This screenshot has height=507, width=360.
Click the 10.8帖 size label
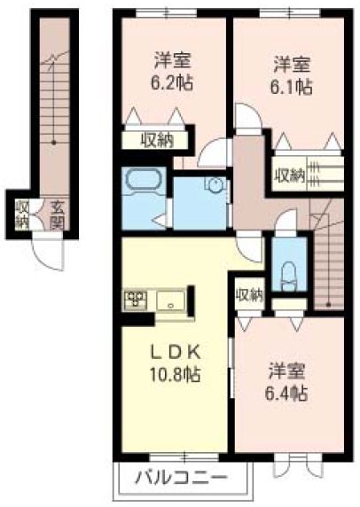pyautogui.click(x=174, y=373)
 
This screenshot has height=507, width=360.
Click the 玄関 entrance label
pyautogui.click(x=56, y=214)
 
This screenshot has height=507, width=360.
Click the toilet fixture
pyautogui.click(x=286, y=270)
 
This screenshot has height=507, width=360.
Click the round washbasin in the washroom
pyautogui.click(x=214, y=185)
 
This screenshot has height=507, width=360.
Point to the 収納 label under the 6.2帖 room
pyautogui.click(x=158, y=140)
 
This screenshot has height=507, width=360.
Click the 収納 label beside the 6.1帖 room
pyautogui.click(x=289, y=175)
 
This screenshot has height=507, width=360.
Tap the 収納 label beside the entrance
pyautogui.click(x=21, y=214)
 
